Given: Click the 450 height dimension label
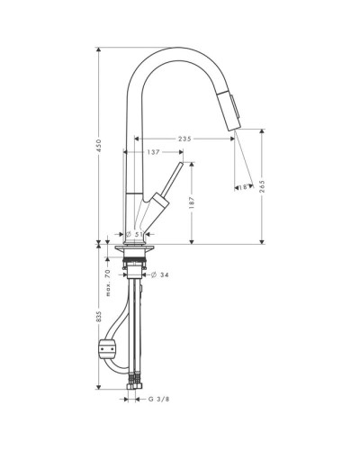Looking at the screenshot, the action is [x=99, y=146].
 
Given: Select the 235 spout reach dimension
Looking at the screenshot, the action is [x=184, y=139].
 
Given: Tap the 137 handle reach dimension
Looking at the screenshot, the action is [x=153, y=152].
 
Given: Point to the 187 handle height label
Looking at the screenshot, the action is [x=192, y=202].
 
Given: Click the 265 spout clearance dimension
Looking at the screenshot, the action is [x=262, y=186].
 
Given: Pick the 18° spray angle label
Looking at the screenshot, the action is [x=244, y=187].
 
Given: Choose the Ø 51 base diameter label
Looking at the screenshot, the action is [x=134, y=234].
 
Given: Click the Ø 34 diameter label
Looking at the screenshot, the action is [x=160, y=274].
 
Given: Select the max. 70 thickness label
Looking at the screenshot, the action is [x=108, y=283].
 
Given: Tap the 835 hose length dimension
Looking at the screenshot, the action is [x=99, y=317].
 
